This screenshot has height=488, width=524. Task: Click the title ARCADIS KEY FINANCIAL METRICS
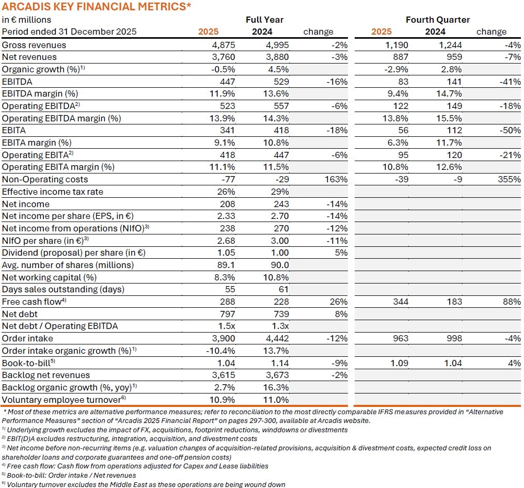[x=97, y=7]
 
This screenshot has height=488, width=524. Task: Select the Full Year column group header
[x=264, y=20]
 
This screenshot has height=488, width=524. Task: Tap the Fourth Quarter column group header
[x=437, y=20]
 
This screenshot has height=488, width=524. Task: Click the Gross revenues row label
[x=34, y=45]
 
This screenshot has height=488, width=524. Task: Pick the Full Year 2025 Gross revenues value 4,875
[x=224, y=45]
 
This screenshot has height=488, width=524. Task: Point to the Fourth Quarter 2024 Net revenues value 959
[x=452, y=57]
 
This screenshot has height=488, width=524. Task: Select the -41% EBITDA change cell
[x=510, y=82]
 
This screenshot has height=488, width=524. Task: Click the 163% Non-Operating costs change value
[x=336, y=179]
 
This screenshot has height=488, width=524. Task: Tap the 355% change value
[x=509, y=179]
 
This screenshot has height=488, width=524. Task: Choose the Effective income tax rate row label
[x=53, y=192]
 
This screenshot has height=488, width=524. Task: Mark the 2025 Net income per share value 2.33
[x=226, y=216]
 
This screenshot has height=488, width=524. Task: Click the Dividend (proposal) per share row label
[x=74, y=253]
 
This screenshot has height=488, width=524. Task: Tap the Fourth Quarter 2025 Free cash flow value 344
[x=400, y=302]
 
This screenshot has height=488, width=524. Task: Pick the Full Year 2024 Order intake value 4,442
[x=278, y=338]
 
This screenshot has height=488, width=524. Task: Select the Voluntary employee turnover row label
[x=64, y=399]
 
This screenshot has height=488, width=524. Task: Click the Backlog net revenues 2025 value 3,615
[x=224, y=375]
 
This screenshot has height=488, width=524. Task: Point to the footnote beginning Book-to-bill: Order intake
[x=69, y=475]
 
